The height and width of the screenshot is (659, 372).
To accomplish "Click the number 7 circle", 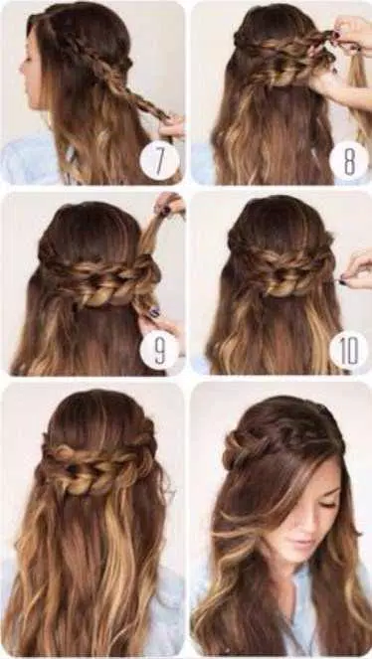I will pos(159,160).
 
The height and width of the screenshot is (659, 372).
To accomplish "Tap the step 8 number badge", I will pos(347,160).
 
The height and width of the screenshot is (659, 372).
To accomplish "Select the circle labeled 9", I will pos(159,350).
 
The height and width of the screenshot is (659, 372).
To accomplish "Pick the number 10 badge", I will pos(347,350).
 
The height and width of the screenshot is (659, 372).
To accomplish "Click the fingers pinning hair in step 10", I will pos(354,268).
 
